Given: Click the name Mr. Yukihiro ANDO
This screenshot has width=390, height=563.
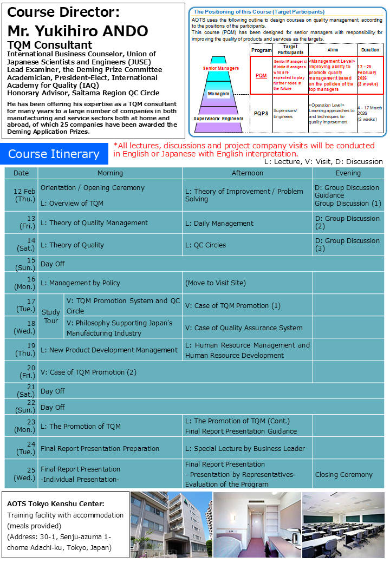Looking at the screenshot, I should click(78, 31).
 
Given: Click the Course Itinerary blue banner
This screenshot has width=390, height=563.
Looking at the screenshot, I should click(54, 154).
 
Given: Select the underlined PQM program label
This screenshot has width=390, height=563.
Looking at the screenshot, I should click(261, 76).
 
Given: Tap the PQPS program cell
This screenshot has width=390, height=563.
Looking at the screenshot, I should click(261, 114).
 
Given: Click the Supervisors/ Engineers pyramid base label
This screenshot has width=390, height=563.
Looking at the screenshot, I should click(218, 118).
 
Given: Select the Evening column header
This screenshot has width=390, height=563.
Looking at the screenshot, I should click(348, 173).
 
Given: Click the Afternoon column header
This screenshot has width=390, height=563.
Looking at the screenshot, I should click(247, 173).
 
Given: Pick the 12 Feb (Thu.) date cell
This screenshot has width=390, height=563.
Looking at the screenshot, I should click(21, 195).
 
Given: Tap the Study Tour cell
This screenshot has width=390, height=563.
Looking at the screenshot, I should click(51, 316).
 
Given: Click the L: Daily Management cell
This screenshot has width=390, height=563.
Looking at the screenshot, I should click(219, 223).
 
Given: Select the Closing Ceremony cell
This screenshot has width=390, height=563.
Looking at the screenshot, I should click(344, 474).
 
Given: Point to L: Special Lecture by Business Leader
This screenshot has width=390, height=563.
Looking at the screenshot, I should click(245, 448).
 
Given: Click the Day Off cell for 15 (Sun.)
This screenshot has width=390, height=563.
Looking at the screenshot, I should click(53, 264).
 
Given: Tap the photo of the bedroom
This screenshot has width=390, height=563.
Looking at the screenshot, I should click(257, 525).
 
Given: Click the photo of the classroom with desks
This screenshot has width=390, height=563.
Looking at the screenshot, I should click(343, 525).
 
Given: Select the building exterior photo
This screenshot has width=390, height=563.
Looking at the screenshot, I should click(171, 525).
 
